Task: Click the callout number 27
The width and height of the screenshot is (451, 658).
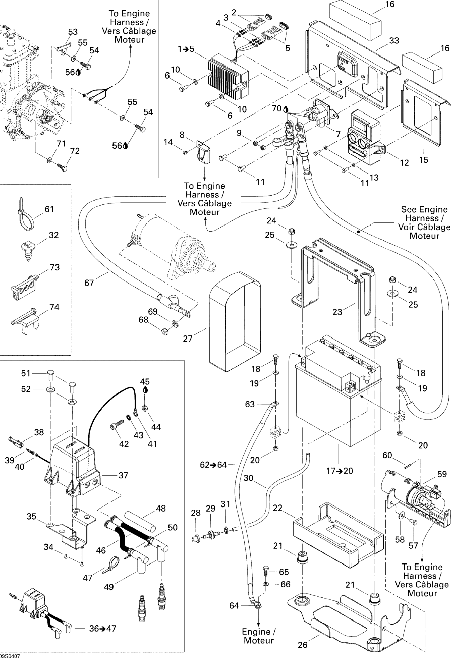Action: pos(187,339)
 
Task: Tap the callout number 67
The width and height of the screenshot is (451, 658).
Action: pos(89,283)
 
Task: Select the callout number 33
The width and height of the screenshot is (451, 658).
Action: pos(394,40)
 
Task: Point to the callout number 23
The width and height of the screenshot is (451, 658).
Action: pos(337,312)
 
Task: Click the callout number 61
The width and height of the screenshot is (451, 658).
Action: pos(49,209)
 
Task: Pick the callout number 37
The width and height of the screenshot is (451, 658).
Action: pos(123,475)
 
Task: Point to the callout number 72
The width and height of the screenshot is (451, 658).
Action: pos(75,151)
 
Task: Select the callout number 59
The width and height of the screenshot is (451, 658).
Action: pos(442,474)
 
